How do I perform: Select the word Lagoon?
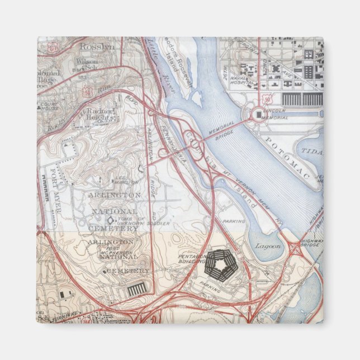pyautogui.click(x=264, y=246)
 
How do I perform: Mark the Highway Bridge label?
pyautogui.click(x=311, y=243)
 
